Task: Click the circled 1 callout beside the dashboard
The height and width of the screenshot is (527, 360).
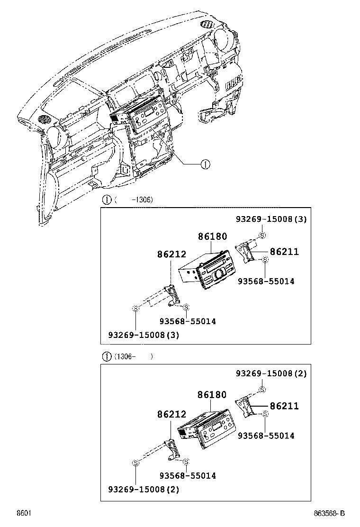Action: pyautogui.click(x=205, y=164)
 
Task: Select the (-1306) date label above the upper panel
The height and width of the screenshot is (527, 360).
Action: pyautogui.click(x=133, y=200)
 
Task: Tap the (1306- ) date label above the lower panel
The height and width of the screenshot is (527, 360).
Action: pyautogui.click(x=133, y=356)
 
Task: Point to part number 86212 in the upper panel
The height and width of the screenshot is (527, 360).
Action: pyautogui.click(x=171, y=254)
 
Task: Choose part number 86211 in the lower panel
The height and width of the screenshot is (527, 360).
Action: pyautogui.click(x=284, y=406)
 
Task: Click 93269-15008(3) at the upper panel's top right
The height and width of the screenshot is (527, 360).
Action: pyautogui.click(x=271, y=219)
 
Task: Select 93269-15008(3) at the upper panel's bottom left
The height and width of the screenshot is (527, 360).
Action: pyautogui.click(x=144, y=335)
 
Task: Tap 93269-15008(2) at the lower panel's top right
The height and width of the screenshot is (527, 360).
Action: pyautogui.click(x=271, y=373)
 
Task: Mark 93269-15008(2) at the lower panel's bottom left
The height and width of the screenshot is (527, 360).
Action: pyautogui.click(x=144, y=490)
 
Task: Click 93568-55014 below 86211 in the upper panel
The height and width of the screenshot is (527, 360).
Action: pyautogui.click(x=266, y=282)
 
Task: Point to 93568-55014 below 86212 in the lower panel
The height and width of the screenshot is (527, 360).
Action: pyautogui.click(x=187, y=476)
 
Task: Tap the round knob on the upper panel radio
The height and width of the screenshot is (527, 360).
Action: pyautogui.click(x=219, y=274)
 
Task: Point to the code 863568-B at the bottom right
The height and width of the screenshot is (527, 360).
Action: pyautogui.click(x=328, y=513)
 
